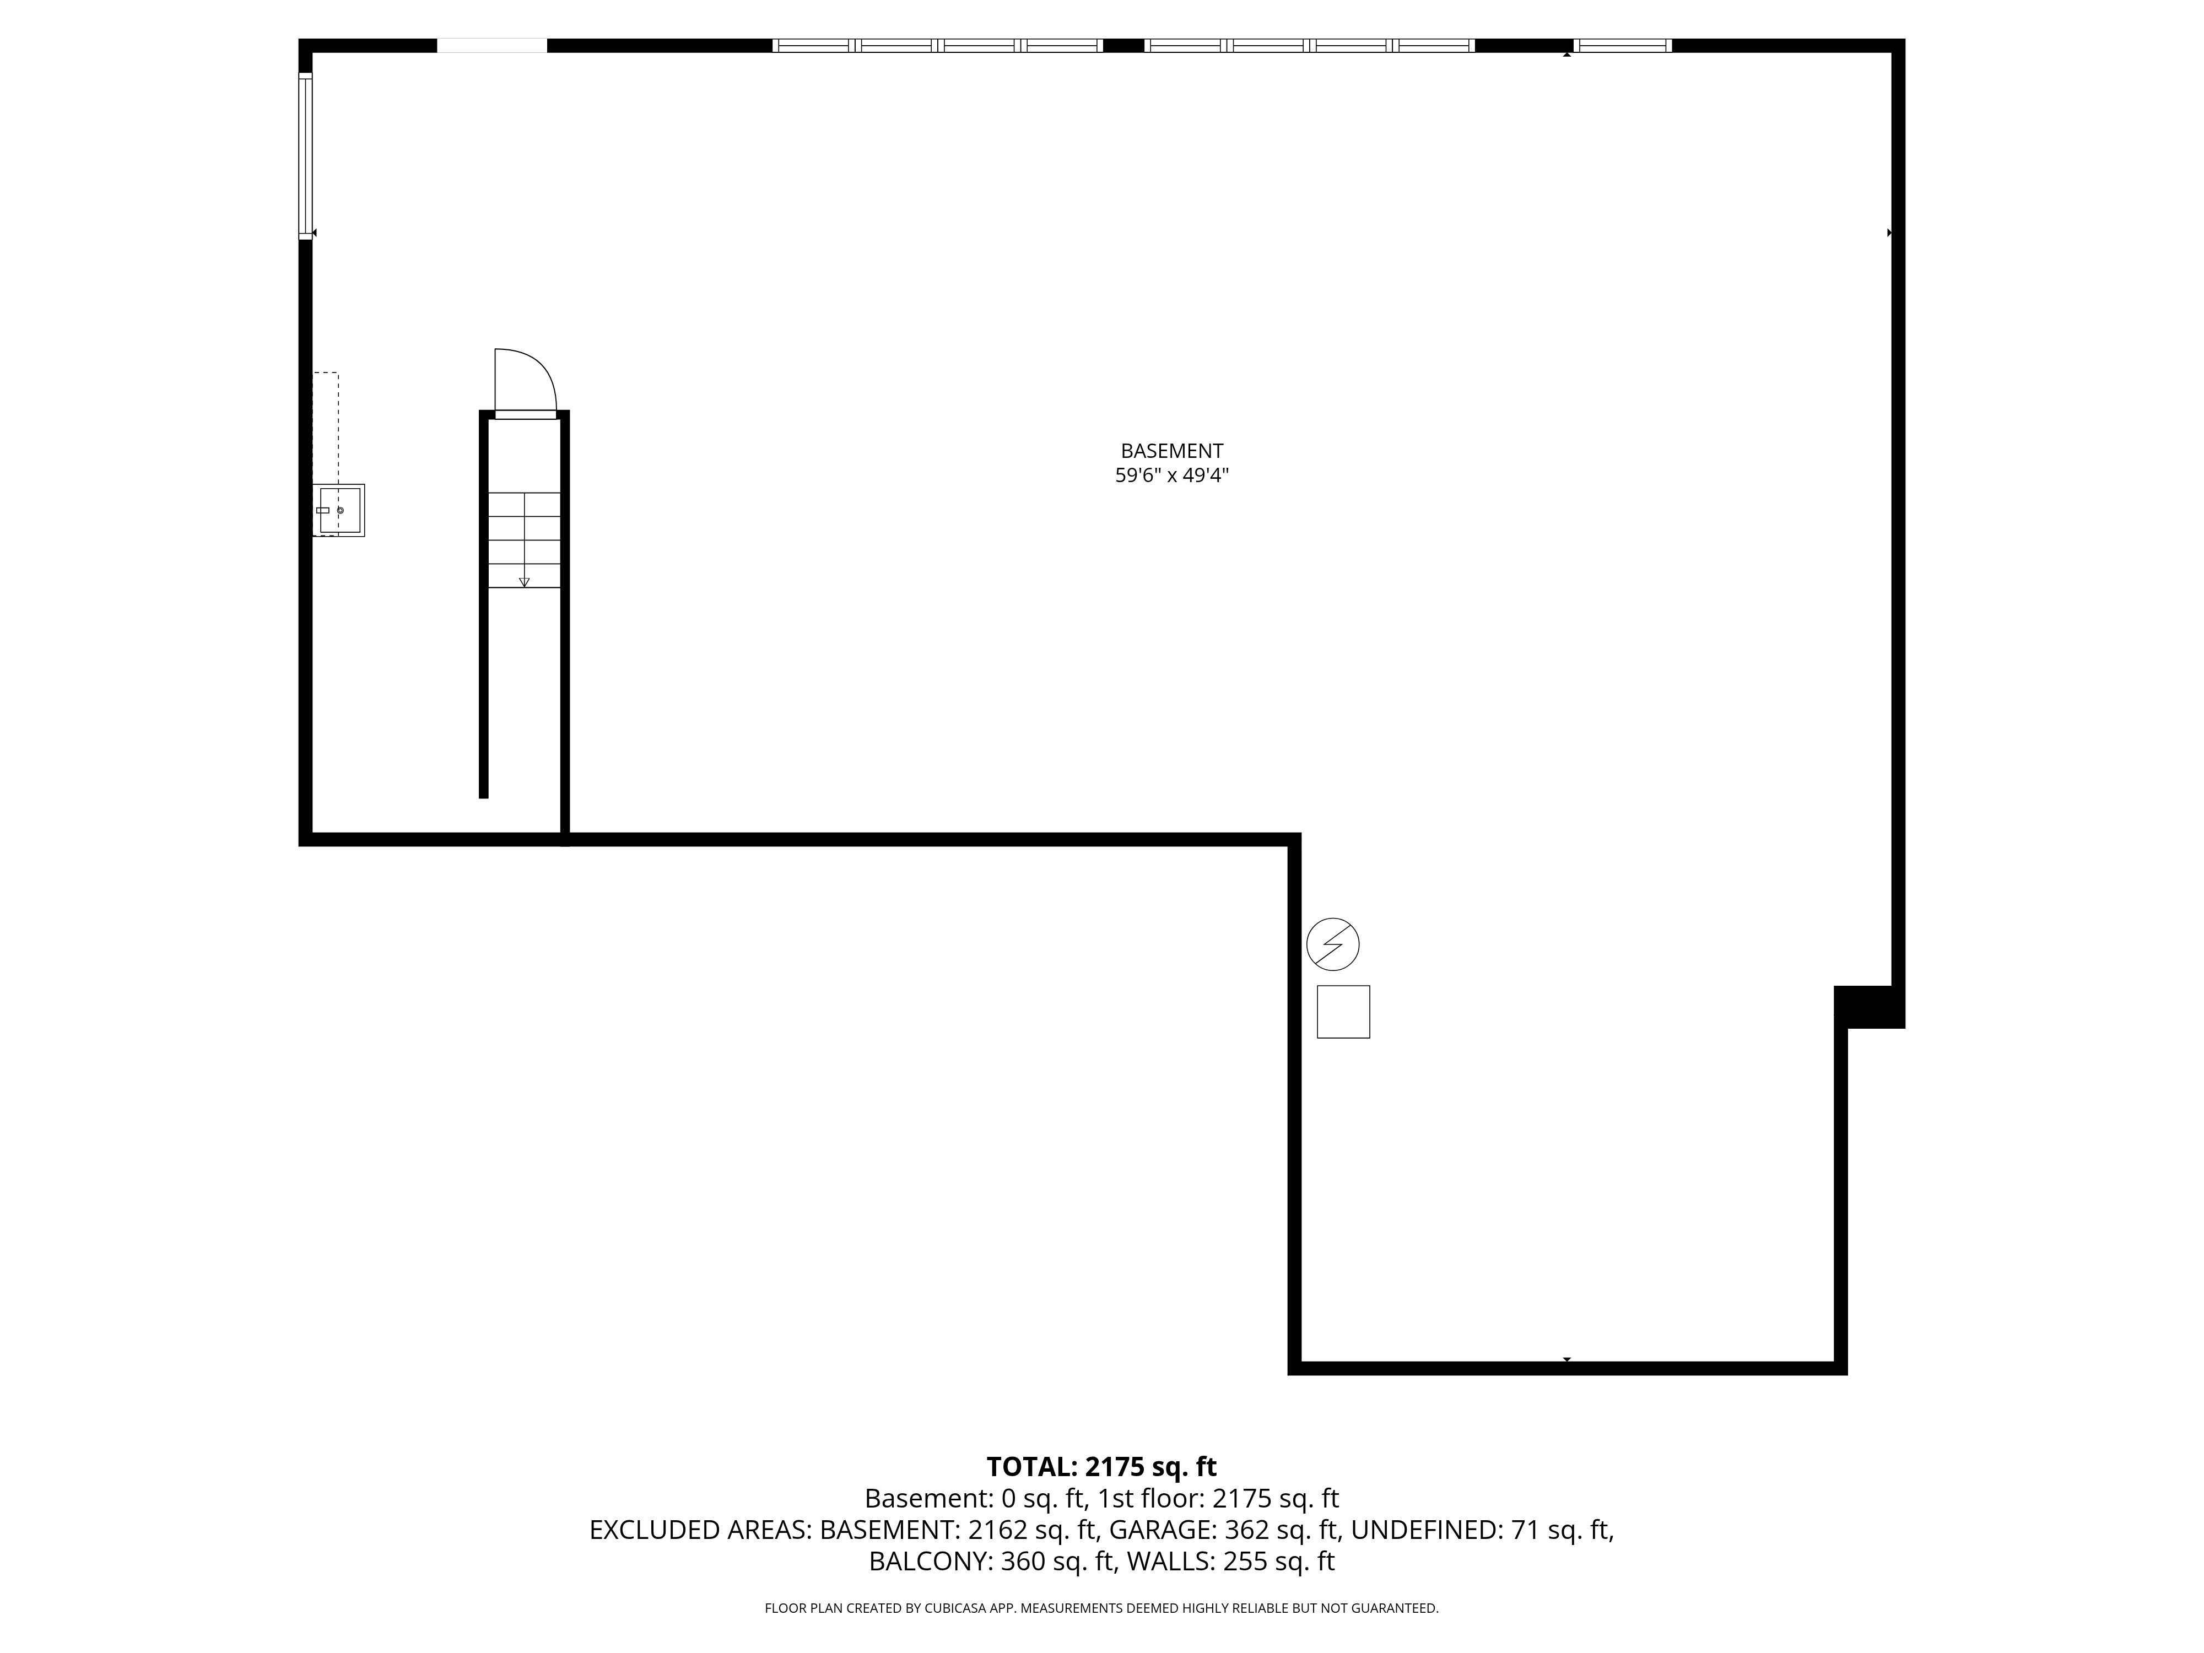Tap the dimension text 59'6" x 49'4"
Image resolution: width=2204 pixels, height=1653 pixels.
pos(1172,476)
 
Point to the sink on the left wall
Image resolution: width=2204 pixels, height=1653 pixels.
pos(339,510)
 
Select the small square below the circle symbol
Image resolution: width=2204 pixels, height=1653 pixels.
pos(1343,1011)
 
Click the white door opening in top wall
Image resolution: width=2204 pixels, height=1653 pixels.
pos(492,45)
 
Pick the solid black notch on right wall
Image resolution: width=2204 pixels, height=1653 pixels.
pos(1869,1006)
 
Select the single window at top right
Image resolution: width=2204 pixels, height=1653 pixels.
pos(1622,45)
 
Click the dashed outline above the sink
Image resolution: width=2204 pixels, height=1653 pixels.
pos(326,429)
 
